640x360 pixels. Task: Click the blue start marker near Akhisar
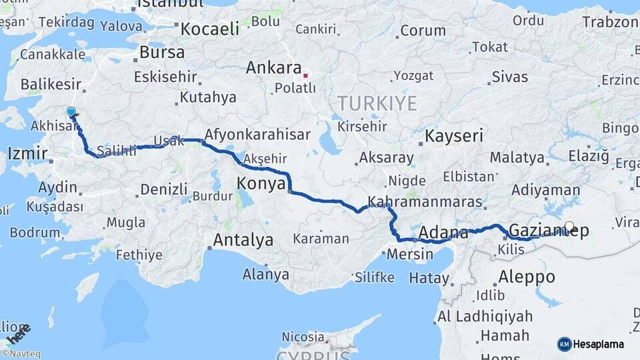tap(71, 111)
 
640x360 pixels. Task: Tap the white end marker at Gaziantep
tap(569, 226)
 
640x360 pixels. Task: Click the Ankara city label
tap(273, 68)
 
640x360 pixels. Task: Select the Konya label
tap(262, 183)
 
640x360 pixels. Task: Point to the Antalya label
tap(243, 240)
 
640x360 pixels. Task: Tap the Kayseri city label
tap(454, 137)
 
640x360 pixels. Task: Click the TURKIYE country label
tap(377, 104)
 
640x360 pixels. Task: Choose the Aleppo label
tap(527, 276)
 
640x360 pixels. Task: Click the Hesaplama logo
tap(591, 344)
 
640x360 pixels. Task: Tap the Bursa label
tap(163, 52)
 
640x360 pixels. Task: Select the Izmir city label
tap(27, 155)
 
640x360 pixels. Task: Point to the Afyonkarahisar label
tap(257, 135)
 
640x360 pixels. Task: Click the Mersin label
tap(410, 254)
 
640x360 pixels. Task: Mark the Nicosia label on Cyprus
tap(303, 336)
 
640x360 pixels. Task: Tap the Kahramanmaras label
tap(425, 201)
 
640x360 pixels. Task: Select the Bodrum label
tap(35, 233)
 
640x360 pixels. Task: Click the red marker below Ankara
tap(305, 75)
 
